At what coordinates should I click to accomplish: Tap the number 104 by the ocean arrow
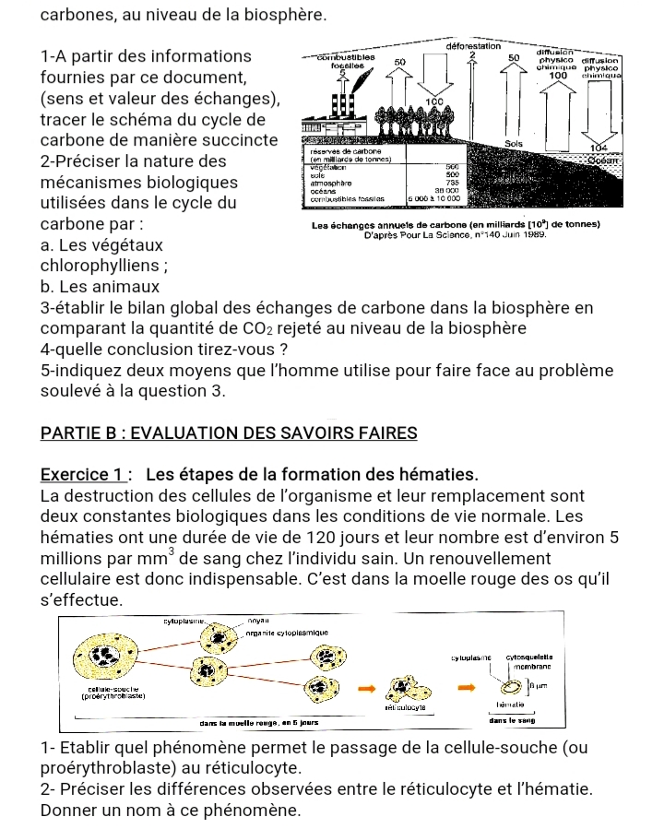[x=601, y=148]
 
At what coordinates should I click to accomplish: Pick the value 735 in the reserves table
[x=452, y=182]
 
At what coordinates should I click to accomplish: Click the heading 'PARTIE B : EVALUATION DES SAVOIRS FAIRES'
[x=230, y=432]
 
